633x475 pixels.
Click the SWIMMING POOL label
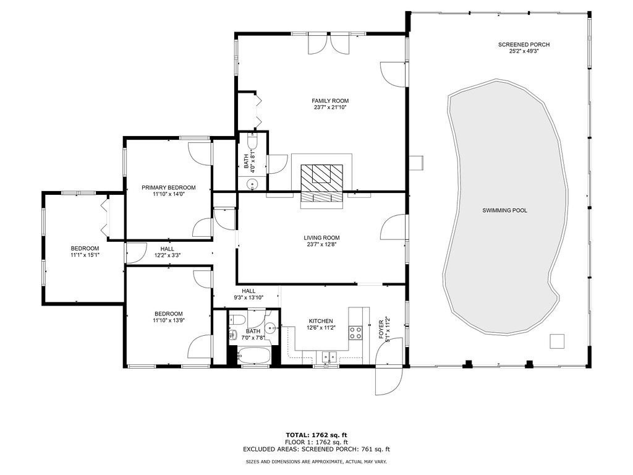(x=504, y=211)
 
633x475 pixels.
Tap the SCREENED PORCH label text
(x=524, y=45)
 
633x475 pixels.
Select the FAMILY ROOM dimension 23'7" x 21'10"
(x=330, y=108)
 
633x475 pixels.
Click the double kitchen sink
(x=328, y=356)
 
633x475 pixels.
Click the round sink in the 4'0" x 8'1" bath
(x=252, y=184)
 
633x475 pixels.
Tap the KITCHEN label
(x=321, y=321)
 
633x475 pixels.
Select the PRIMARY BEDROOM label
(x=168, y=187)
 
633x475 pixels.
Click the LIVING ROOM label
(x=321, y=237)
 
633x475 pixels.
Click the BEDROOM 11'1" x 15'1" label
(x=85, y=249)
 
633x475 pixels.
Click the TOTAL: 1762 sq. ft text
(x=320, y=434)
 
